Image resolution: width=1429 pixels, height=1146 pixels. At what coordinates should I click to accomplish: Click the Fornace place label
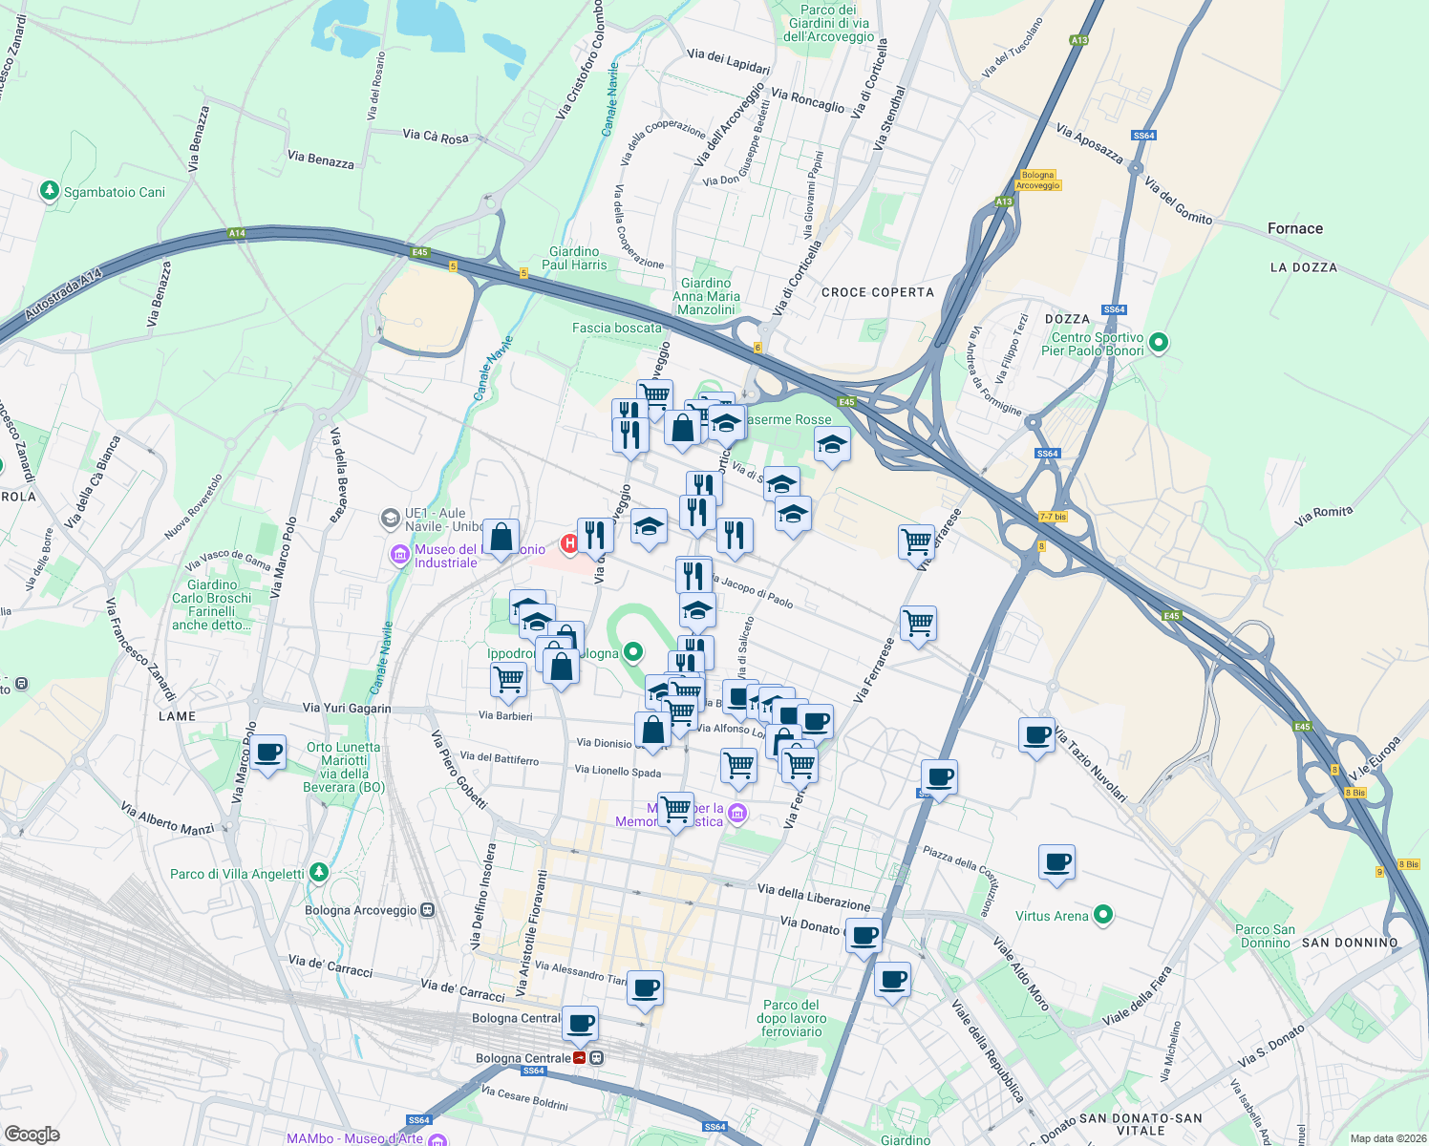(x=1294, y=228)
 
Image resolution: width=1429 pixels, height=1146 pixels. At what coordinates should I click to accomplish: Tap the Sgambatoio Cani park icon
(x=50, y=191)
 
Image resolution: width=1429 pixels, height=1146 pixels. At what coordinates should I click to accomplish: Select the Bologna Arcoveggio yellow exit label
(x=1037, y=180)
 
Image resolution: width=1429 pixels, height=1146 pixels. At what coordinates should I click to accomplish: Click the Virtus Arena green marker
(x=1103, y=916)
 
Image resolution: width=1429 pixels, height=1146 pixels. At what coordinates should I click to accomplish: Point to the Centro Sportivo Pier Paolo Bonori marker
(x=1159, y=342)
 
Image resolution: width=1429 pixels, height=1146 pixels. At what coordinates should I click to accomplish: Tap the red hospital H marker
(x=569, y=543)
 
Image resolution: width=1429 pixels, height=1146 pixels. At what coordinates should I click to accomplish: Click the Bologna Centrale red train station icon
(x=580, y=1058)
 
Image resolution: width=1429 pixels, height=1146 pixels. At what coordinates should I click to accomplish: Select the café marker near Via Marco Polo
(x=267, y=752)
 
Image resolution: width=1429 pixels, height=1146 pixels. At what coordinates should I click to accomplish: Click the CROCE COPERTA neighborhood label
(x=877, y=292)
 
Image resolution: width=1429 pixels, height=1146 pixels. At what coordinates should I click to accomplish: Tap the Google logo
(x=32, y=1134)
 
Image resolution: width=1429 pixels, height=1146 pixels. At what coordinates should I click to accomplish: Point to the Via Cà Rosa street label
(x=436, y=137)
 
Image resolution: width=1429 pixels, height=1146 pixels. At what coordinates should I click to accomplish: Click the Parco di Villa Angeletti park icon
(x=319, y=873)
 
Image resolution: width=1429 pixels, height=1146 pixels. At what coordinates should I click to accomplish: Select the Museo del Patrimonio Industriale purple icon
(x=399, y=555)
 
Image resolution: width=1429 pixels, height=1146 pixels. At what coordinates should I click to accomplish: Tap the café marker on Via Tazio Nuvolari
(x=1036, y=734)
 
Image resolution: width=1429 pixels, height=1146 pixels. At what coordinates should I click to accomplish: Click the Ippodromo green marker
(x=632, y=653)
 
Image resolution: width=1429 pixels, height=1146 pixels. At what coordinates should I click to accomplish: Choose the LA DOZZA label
(x=1303, y=267)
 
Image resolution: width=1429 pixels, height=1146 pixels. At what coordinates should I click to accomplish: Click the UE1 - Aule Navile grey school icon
(x=390, y=519)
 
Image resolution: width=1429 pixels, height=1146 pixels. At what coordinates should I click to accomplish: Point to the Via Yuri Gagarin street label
(x=346, y=708)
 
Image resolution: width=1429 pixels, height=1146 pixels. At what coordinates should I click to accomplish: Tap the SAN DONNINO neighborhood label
(x=1349, y=943)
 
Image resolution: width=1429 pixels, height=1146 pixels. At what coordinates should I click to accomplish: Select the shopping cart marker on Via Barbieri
(x=508, y=679)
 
